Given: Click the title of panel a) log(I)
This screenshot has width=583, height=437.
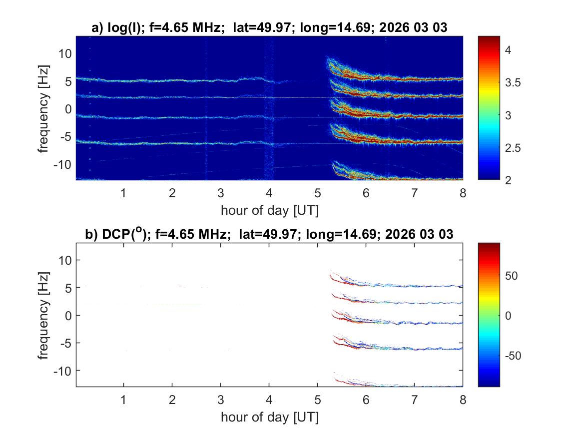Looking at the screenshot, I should click(269, 28).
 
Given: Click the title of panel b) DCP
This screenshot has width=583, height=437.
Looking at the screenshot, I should click(269, 234).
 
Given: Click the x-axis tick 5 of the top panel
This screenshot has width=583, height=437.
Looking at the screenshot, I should click(318, 193).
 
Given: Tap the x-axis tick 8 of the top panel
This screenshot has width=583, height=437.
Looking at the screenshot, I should click(463, 193).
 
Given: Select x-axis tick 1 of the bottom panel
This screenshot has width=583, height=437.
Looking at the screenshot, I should click(123, 400).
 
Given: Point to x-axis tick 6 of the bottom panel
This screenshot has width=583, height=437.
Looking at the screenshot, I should click(366, 400).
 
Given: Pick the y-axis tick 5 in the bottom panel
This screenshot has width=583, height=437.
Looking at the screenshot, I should click(69, 288).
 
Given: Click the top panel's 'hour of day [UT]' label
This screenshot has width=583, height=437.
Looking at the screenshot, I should click(269, 210).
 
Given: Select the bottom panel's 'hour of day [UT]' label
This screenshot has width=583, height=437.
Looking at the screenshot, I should click(269, 417).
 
